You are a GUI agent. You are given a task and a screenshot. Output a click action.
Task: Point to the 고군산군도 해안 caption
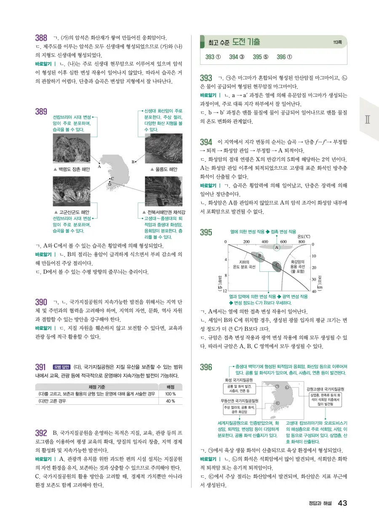click(71, 212)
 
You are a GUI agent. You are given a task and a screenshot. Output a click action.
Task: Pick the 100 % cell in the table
click(170, 394)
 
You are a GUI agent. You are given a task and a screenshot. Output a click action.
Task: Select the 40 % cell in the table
click(170, 401)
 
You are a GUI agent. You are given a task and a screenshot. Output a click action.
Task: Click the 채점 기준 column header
click(96, 387)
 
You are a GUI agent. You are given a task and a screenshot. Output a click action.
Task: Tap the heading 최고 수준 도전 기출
click(234, 42)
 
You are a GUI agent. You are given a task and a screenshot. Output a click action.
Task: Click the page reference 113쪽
click(337, 42)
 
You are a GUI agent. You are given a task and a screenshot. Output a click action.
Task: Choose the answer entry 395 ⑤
click(261, 57)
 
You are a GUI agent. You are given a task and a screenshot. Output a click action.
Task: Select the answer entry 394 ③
click(237, 57)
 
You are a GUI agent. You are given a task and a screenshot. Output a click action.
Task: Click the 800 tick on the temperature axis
click(302, 242)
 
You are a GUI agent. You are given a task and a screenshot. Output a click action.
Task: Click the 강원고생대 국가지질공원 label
click(326, 389)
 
